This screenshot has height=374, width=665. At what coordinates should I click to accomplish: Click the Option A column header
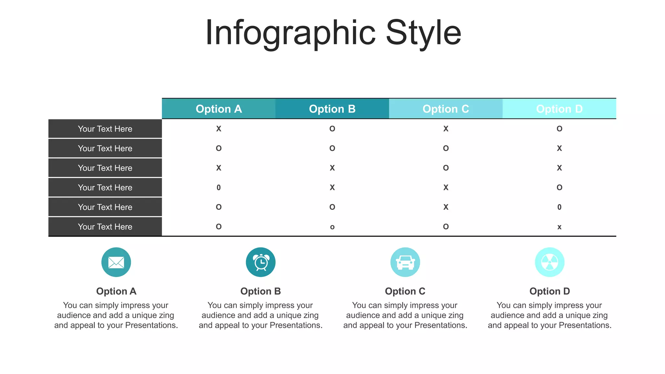pyautogui.click(x=219, y=109)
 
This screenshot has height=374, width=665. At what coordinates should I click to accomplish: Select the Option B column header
pyautogui.click(x=332, y=109)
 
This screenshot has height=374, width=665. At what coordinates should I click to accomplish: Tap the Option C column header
pyautogui.click(x=445, y=109)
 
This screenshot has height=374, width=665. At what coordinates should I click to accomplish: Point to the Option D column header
pyautogui.click(x=559, y=109)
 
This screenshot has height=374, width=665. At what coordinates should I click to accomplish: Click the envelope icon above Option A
pyautogui.click(x=116, y=262)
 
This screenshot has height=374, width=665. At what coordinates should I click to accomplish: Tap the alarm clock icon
pyautogui.click(x=261, y=262)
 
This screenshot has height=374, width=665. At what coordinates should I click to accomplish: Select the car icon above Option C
pyautogui.click(x=405, y=262)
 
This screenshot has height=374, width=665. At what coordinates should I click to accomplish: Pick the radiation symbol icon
pyautogui.click(x=550, y=262)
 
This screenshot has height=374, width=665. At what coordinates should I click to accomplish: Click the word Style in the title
pyautogui.click(x=423, y=32)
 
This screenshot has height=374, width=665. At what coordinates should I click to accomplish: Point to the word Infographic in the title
pyautogui.click(x=291, y=32)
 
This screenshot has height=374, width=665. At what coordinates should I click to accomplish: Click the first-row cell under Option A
pyautogui.click(x=219, y=129)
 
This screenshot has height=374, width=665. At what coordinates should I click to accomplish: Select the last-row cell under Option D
pyautogui.click(x=559, y=227)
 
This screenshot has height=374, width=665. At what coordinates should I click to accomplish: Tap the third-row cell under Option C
pyautogui.click(x=445, y=168)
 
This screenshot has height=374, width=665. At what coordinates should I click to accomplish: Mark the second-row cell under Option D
pyautogui.click(x=559, y=148)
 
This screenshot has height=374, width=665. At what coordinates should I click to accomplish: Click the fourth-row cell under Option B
pyautogui.click(x=332, y=188)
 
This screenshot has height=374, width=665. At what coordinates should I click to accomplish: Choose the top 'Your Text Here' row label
pyautogui.click(x=105, y=129)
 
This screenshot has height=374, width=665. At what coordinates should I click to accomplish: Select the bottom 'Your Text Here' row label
pyautogui.click(x=105, y=227)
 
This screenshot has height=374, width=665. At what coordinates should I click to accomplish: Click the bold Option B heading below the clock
pyautogui.click(x=260, y=291)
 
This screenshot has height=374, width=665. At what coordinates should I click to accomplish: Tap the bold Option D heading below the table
pyautogui.click(x=549, y=291)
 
